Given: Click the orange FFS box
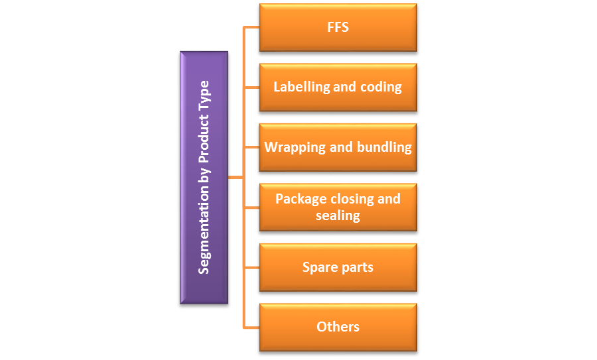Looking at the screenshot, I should click(338, 28).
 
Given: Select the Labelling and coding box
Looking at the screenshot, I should click(338, 87).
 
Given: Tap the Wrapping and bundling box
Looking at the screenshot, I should click(338, 147).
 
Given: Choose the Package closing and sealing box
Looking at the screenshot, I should click(338, 207).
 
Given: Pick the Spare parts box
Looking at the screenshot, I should click(338, 267).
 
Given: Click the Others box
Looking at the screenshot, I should click(338, 327).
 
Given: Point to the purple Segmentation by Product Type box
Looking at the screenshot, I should click(204, 178).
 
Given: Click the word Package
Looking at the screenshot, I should click(301, 199).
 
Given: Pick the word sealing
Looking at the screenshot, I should click(338, 215).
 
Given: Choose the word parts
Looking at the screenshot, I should click(358, 268).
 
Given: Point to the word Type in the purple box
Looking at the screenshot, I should click(204, 95).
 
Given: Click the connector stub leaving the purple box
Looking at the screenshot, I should click(235, 178).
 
